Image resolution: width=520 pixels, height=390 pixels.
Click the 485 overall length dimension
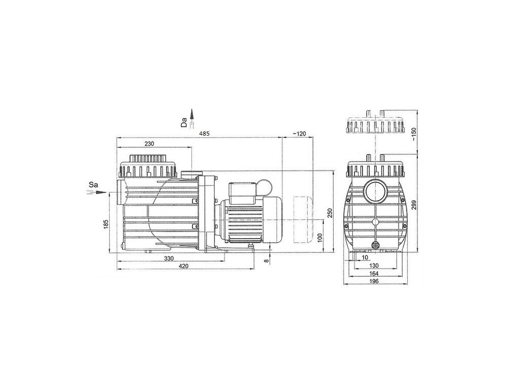pyautogui.click(x=204, y=134)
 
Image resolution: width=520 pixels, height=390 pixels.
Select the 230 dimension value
pyautogui.click(x=150, y=144)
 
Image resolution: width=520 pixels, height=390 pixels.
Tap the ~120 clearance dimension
pyautogui.click(x=299, y=134)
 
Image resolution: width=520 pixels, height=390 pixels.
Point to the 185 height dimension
pyautogui.click(x=106, y=225)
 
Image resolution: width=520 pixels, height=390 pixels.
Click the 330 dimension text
pyautogui.click(x=169, y=258)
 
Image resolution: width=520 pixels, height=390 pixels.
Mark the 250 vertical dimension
pyautogui.click(x=330, y=213)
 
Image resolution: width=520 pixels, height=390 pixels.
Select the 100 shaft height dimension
pyautogui.click(x=320, y=238)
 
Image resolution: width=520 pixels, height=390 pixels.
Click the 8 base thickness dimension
pyautogui.click(x=266, y=261)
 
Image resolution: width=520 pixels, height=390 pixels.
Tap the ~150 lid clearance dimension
pyautogui.click(x=413, y=134)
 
